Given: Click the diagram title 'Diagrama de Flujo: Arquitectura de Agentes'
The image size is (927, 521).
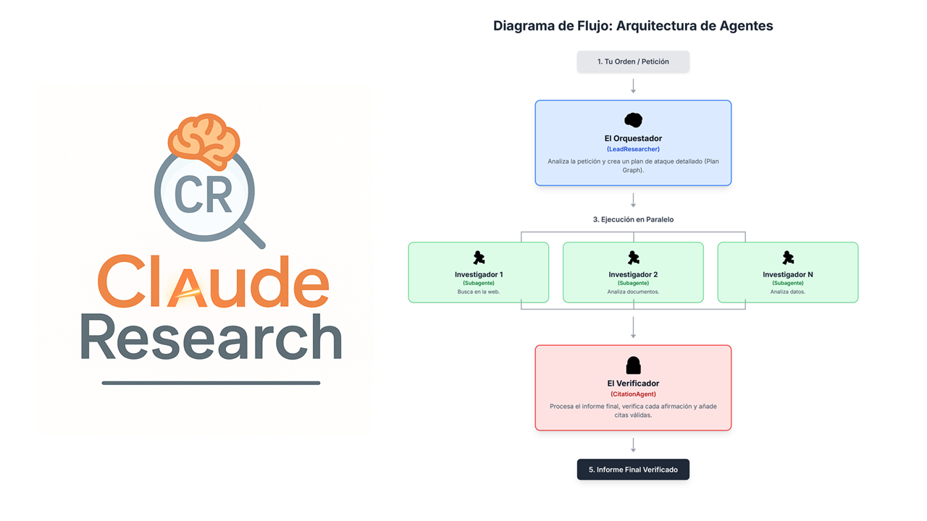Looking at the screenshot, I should click(633, 26).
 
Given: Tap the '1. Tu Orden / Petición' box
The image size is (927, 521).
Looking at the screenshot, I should click(633, 62).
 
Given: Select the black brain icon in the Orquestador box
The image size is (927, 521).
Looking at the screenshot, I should click(633, 120).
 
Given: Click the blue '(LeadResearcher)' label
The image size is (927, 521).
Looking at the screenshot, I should click(633, 149).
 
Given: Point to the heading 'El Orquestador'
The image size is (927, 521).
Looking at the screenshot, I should click(633, 138).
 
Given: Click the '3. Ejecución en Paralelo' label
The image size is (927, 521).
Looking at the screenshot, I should click(633, 219).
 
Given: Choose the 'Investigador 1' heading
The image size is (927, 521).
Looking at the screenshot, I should click(479, 274).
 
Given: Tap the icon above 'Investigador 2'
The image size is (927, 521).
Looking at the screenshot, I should click(633, 258).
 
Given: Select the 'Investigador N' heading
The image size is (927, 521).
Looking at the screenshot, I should click(787, 274).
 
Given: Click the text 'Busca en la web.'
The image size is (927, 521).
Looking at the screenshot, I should click(479, 292).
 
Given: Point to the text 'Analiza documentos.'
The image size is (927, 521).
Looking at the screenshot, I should click(633, 292).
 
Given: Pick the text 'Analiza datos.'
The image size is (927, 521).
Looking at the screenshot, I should click(787, 292).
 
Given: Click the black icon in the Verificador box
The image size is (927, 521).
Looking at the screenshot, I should click(633, 365).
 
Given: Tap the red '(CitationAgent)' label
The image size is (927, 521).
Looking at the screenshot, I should click(633, 394).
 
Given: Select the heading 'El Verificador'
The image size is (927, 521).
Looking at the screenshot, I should click(633, 384).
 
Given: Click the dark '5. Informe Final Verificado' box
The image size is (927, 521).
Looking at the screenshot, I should click(633, 470).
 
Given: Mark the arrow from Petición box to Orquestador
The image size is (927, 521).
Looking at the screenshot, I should click(633, 86).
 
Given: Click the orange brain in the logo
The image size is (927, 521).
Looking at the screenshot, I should click(204, 141).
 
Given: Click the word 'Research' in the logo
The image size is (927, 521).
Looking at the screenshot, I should click(210, 337).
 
